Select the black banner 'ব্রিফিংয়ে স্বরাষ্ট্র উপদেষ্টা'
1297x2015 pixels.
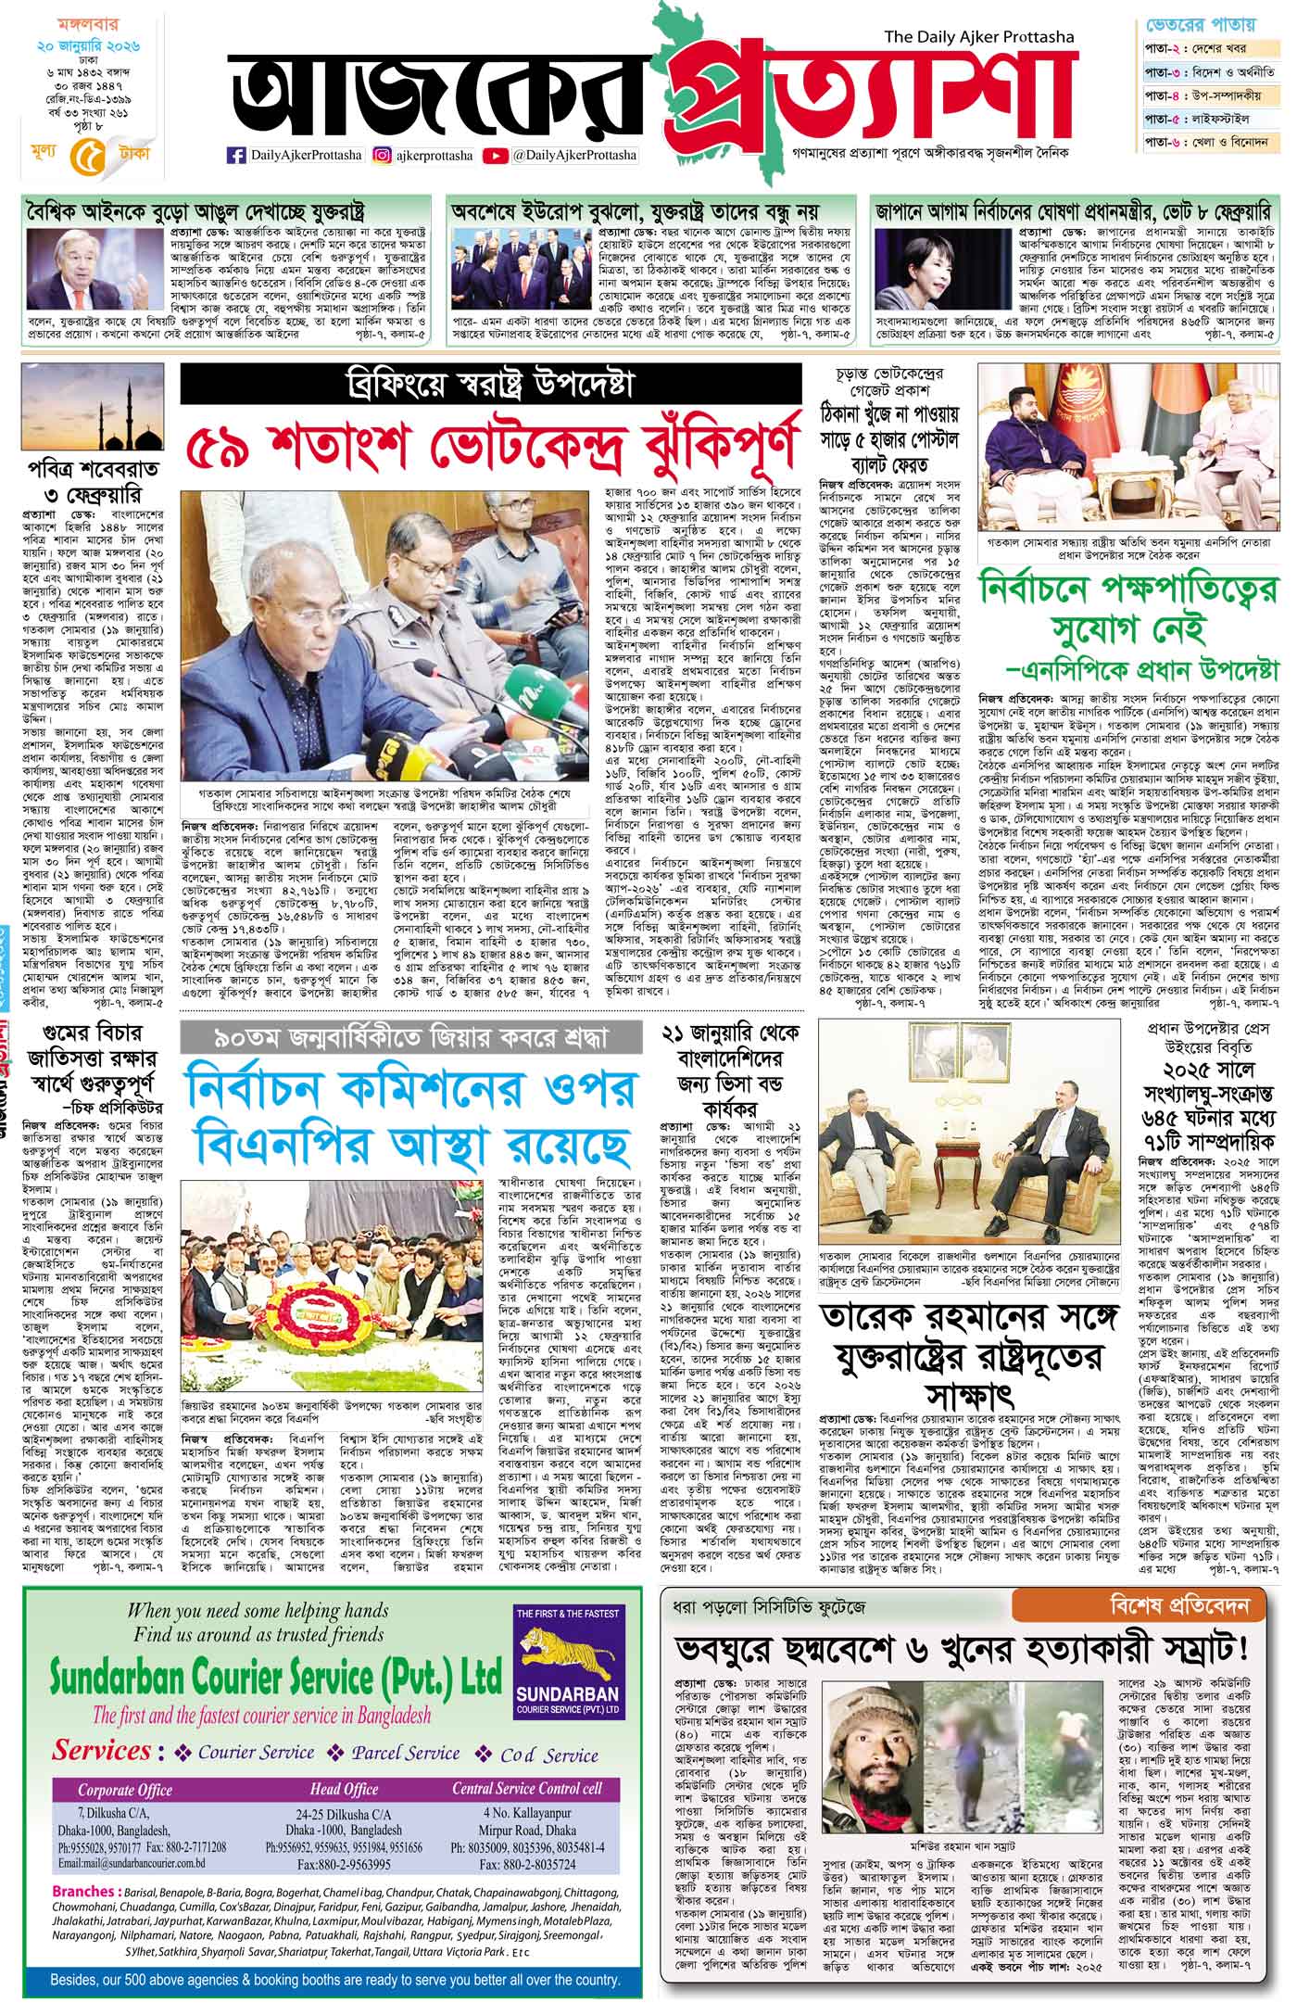point(490,383)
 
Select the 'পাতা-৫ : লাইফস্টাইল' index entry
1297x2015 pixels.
point(1210,118)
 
